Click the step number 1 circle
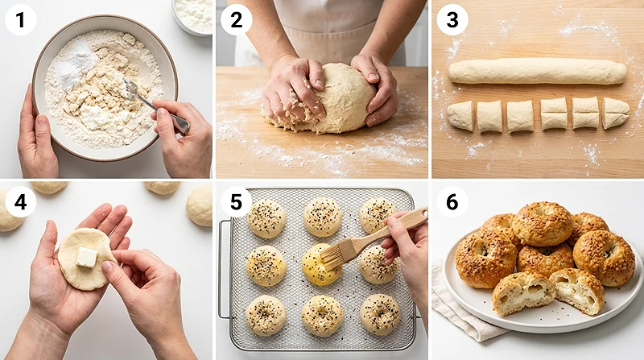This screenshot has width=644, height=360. [x=21, y=19]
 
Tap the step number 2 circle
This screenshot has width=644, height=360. [x=236, y=19]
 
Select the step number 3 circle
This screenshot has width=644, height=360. [x=452, y=19]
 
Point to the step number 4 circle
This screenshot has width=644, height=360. [x=21, y=202]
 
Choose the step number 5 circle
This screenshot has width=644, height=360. [x=236, y=202]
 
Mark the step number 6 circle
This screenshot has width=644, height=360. [x=452, y=202]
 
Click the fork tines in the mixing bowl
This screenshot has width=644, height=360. [x=130, y=89]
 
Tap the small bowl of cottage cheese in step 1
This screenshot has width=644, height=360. [x=192, y=16]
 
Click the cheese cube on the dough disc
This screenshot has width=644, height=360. [x=87, y=257]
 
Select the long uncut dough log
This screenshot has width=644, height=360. [x=537, y=71]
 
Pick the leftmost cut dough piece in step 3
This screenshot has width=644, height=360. [x=460, y=115]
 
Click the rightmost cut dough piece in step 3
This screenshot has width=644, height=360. [x=615, y=113]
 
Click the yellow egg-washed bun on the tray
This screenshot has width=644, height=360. [x=321, y=265]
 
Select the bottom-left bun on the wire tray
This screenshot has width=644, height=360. [x=266, y=316]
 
